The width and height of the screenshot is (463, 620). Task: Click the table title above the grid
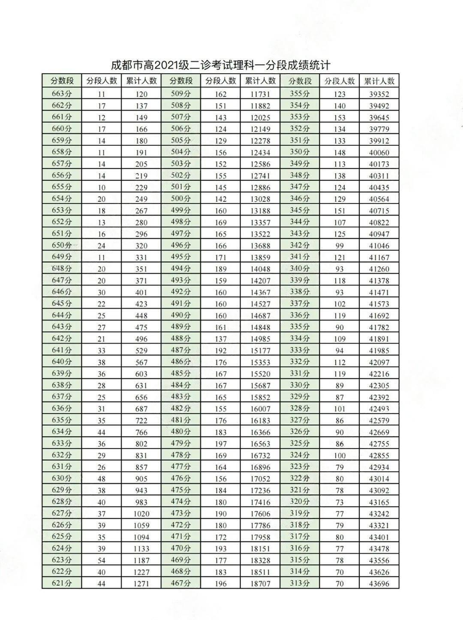pos(220,66)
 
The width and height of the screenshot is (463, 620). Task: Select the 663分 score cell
pos(62,94)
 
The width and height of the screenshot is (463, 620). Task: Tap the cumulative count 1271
pos(141,583)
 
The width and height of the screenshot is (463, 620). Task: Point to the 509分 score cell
pos(180,94)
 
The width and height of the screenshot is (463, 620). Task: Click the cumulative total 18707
pos(260,583)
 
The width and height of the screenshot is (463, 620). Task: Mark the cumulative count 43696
pos(379,583)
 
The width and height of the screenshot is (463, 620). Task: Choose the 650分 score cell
pos(62,246)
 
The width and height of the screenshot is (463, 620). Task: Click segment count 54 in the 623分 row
pos(102,560)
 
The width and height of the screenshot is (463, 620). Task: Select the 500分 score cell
pos(180,199)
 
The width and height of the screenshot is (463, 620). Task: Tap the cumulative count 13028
pos(260,199)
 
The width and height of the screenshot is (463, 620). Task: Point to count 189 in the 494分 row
pos(220,269)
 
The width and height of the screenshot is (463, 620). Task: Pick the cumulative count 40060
pos(379,152)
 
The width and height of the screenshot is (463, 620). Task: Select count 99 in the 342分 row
pos(340,246)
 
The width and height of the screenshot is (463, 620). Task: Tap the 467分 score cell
pos(180,583)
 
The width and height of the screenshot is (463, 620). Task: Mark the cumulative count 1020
pos(141,513)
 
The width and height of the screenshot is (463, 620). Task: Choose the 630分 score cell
pos(62,479)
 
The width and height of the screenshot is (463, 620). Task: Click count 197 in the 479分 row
pos(220,443)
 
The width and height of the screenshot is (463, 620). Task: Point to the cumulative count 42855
pos(379,455)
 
